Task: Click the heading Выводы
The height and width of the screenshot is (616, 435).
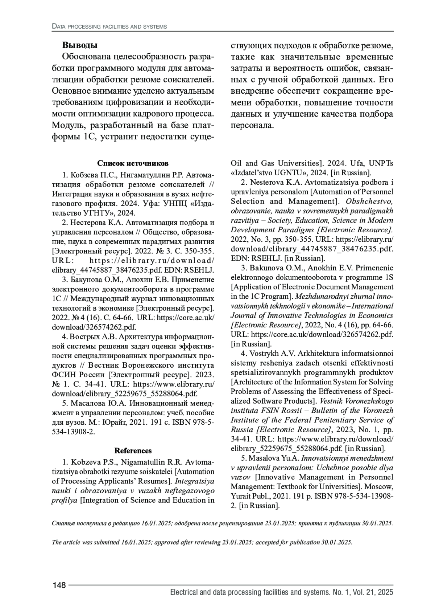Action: click(x=79, y=46)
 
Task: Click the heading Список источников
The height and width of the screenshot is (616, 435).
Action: click(x=133, y=163)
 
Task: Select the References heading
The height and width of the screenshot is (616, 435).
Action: click(x=133, y=451)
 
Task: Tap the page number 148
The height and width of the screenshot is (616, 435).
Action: click(x=59, y=585)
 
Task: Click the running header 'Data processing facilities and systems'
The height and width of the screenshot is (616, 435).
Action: click(x=109, y=26)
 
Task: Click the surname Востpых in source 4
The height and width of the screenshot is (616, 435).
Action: click(x=86, y=336)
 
